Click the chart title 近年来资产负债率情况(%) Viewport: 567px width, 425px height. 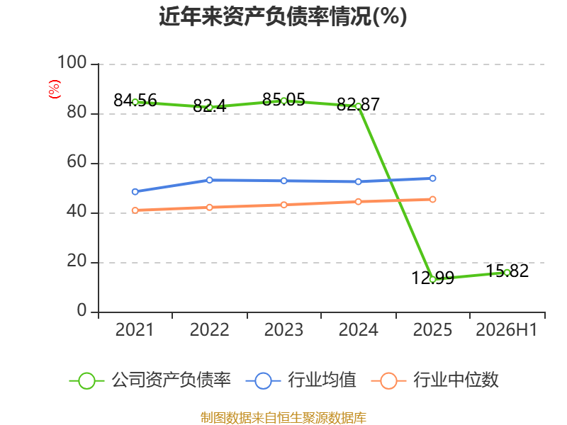pos(283,16)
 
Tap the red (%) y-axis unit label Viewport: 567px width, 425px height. pos(55,89)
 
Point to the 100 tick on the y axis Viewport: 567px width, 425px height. pos(72,62)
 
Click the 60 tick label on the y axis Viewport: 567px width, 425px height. pos(77,162)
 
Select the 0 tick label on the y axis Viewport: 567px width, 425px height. pos(82,310)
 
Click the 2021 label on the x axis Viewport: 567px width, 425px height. pos(135,330)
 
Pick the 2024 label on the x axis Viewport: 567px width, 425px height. pos(358,330)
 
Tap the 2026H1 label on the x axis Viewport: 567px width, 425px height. pos(506,330)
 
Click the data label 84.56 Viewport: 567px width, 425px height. pos(135,100)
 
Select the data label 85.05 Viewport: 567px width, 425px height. pos(284,99)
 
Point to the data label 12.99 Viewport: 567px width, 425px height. pos(433,278)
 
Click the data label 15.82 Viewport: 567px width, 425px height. pos(507,271)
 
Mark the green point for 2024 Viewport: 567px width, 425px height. pos(359,106)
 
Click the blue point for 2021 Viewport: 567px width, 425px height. pos(135,191)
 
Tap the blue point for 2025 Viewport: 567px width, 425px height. pos(432,178)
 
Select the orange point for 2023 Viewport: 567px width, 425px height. pos(284,205)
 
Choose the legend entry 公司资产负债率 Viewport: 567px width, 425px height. pos(150,380)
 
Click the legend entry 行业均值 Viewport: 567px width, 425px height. pos(301,380)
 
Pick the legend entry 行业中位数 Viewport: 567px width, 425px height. pos(435,380)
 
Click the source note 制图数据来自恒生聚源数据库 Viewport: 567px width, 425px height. pos(283,418)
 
